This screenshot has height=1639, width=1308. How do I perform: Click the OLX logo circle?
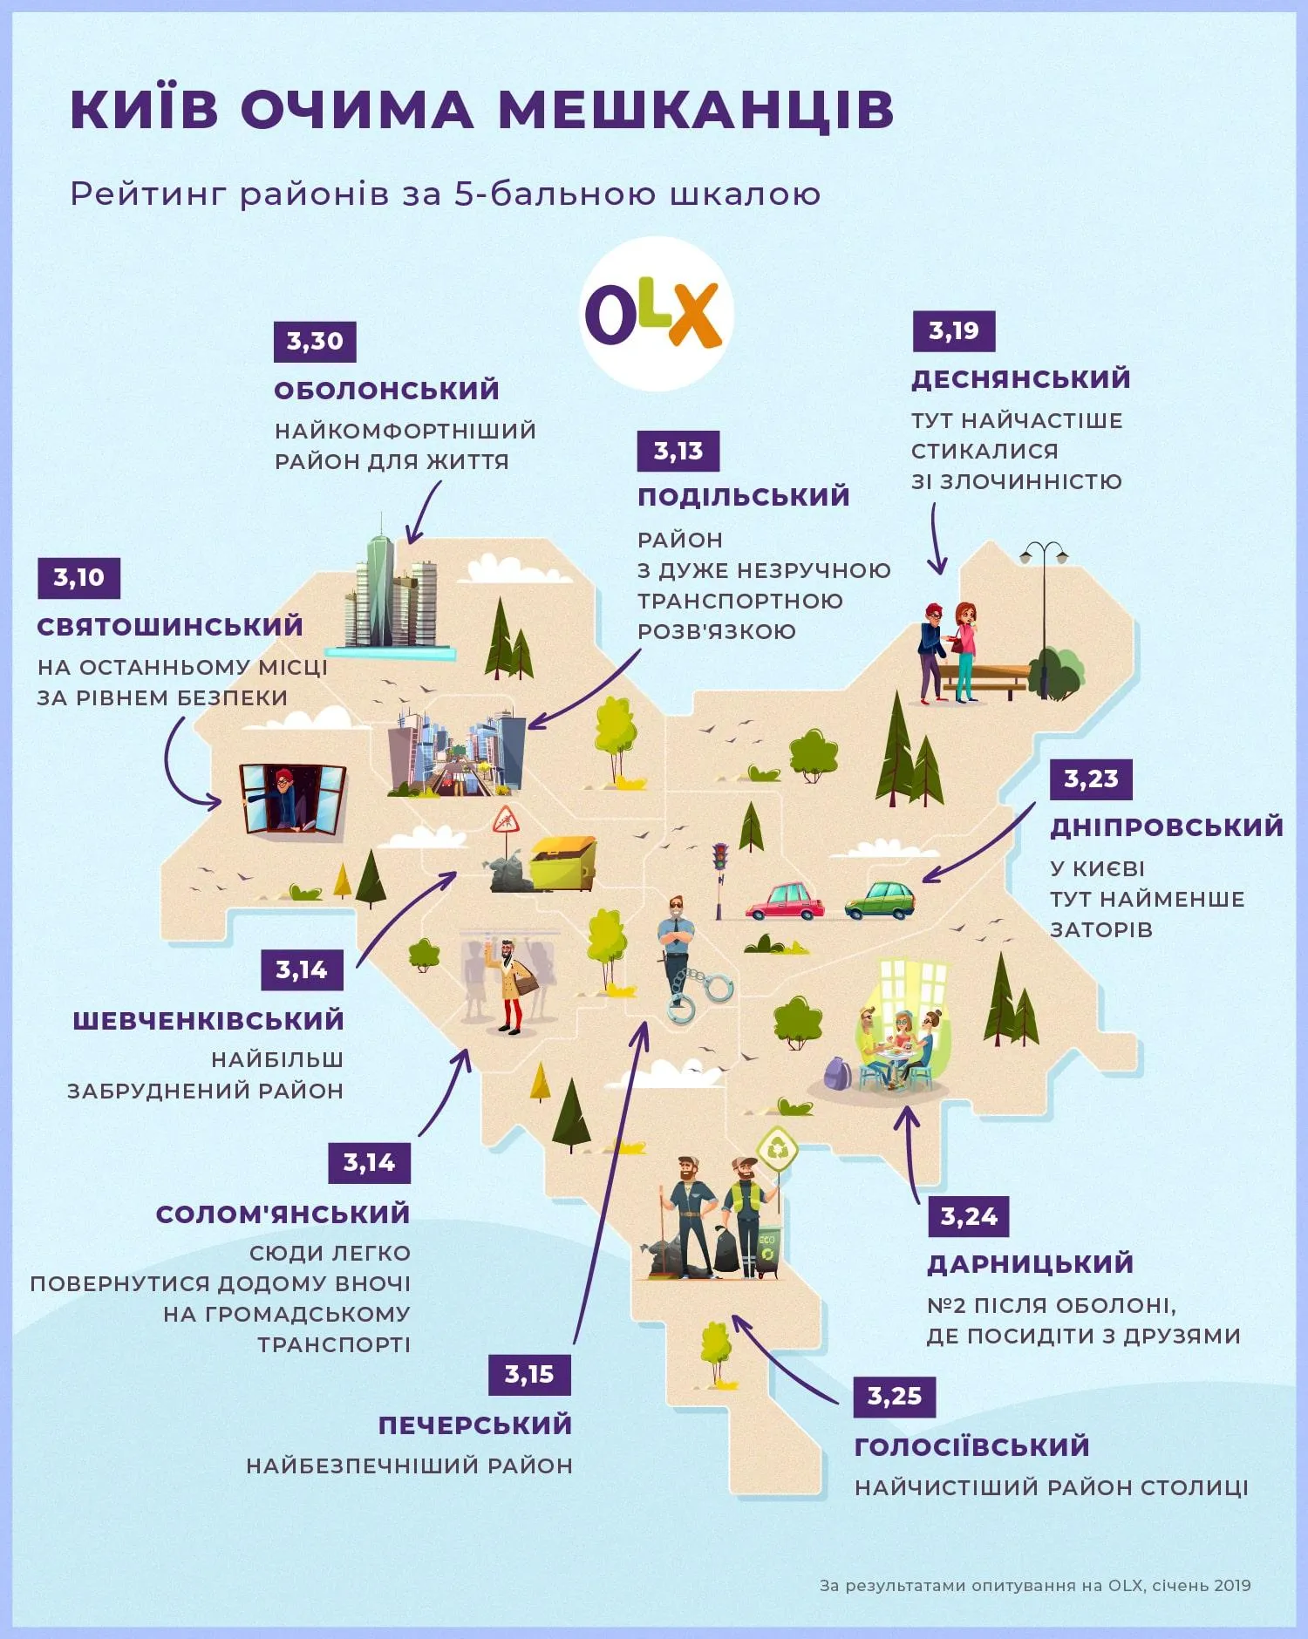(656, 314)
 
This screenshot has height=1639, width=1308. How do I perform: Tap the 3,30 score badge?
(315, 341)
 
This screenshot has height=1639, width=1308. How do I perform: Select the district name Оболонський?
(386, 390)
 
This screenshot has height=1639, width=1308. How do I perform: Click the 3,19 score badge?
(953, 331)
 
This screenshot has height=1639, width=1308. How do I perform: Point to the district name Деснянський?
(1020, 379)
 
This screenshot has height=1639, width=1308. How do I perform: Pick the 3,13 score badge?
(678, 451)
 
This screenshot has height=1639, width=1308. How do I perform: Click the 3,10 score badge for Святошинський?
(78, 577)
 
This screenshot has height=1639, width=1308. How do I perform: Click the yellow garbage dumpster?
(563, 863)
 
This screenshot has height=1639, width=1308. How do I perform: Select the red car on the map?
(785, 901)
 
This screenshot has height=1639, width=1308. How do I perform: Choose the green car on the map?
(881, 901)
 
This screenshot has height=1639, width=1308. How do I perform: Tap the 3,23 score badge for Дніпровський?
(1091, 779)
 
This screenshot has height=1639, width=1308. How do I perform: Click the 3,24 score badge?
(968, 1216)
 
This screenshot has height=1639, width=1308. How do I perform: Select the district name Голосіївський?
(971, 1446)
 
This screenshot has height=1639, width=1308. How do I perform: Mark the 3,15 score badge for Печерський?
(528, 1375)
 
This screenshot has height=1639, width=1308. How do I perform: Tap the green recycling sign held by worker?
(776, 1148)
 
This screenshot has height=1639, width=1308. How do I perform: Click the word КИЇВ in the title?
(145, 110)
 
